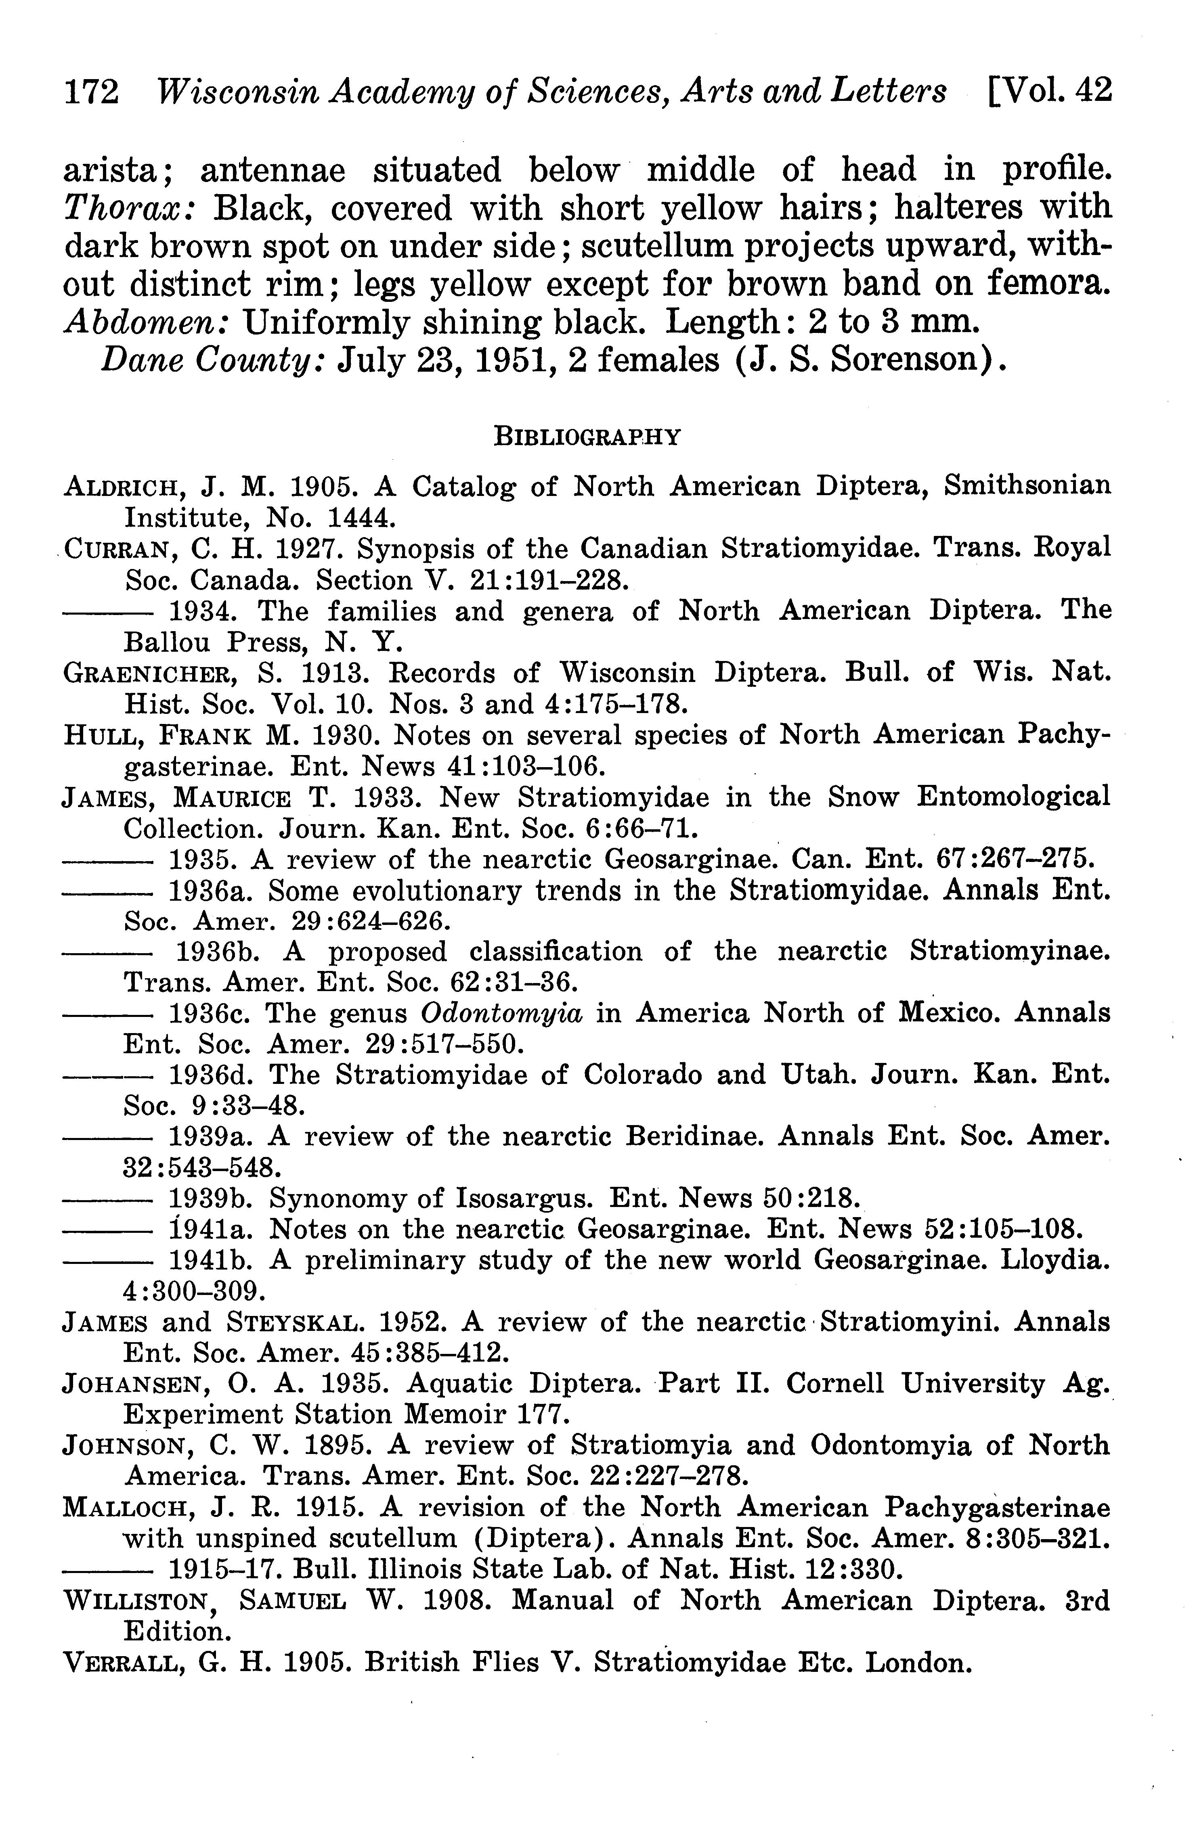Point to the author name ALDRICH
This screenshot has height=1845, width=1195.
tap(124, 487)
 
